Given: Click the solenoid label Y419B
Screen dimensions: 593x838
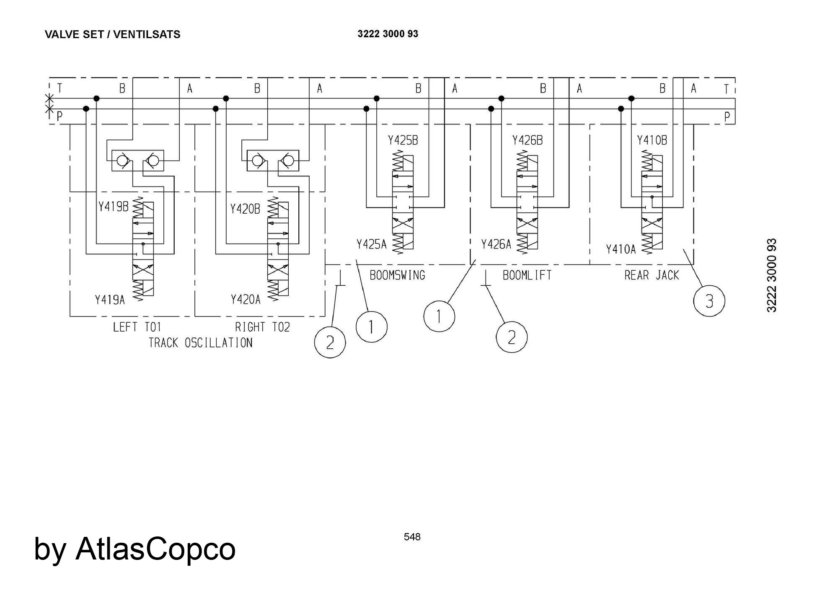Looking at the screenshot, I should (113, 207).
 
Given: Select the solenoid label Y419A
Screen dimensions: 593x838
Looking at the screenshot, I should (110, 300).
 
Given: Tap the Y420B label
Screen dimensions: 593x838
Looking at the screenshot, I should (245, 209).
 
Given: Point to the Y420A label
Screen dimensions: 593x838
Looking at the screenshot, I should (246, 299).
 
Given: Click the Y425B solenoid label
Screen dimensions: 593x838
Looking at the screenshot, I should (403, 140).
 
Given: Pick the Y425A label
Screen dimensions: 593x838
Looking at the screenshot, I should (372, 244).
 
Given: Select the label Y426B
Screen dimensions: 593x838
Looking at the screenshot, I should (528, 140).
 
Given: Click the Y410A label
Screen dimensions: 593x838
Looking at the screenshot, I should (621, 249).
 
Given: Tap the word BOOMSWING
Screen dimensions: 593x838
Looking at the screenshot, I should (397, 275).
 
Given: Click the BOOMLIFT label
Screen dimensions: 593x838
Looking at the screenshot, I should (527, 275).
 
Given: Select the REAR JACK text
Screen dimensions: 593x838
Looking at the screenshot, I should (652, 275).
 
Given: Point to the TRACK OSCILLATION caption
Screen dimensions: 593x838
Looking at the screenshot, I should (201, 343).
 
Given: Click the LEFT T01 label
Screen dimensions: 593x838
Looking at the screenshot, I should (137, 327).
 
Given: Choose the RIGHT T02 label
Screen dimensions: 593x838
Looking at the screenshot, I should (262, 327).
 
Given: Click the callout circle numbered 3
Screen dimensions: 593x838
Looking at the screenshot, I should (709, 301).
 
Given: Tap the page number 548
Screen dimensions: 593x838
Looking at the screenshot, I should (412, 537).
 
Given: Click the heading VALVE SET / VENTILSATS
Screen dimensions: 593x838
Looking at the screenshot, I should (112, 34).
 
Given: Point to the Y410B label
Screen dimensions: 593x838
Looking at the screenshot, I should (652, 140).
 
